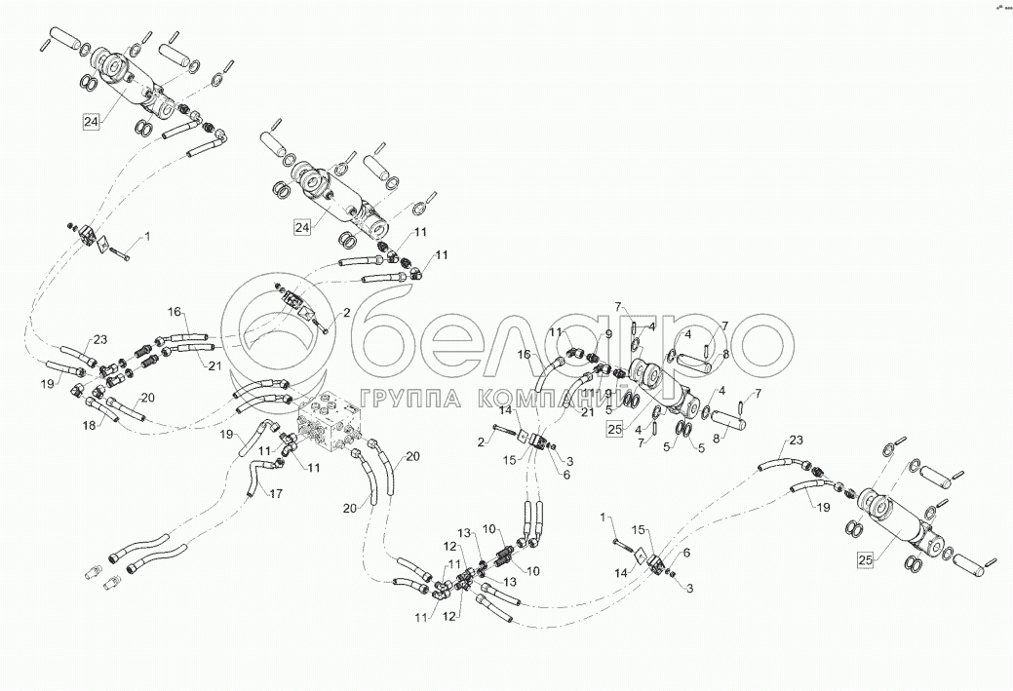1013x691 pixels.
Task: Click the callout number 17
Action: point(277,493)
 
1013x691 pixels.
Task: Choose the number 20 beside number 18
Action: point(147,397)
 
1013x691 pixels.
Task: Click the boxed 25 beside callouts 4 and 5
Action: point(614,428)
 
